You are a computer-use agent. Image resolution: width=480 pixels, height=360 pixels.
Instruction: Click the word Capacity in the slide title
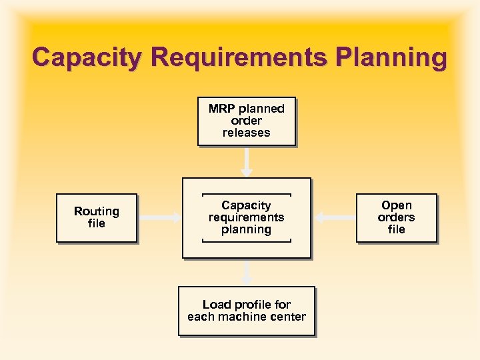pyautogui.click(x=86, y=57)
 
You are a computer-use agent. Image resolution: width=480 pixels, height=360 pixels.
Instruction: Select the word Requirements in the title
pyautogui.click(x=239, y=57)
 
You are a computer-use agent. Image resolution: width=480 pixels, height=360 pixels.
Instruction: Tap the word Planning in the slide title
pyautogui.click(x=391, y=57)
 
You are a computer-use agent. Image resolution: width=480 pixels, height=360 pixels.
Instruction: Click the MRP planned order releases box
pyautogui.click(x=246, y=121)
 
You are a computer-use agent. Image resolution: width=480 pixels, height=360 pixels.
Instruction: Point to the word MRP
pyautogui.click(x=221, y=109)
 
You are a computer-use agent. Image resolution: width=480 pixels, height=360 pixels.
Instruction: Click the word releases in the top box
pyautogui.click(x=246, y=133)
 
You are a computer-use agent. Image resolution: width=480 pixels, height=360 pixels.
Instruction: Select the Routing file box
pyautogui.click(x=97, y=217)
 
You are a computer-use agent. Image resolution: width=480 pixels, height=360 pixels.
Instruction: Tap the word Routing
pyautogui.click(x=97, y=211)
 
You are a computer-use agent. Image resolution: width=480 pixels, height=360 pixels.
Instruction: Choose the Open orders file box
pyautogui.click(x=396, y=217)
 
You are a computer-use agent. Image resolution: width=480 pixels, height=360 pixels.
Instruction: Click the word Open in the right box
pyautogui.click(x=397, y=205)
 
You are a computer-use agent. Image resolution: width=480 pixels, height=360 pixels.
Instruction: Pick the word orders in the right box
pyautogui.click(x=396, y=217)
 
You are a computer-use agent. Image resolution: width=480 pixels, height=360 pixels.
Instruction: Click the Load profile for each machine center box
pyautogui.click(x=246, y=311)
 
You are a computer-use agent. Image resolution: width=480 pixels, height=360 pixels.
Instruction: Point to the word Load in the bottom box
pyautogui.click(x=216, y=305)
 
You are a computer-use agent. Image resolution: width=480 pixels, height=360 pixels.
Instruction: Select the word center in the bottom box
pyautogui.click(x=288, y=317)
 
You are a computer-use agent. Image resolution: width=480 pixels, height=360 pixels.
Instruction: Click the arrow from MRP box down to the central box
pyautogui.click(x=247, y=161)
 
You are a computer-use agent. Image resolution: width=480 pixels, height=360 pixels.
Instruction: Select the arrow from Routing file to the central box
pyautogui.click(x=159, y=217)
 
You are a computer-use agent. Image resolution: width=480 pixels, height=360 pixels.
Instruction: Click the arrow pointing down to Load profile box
pyautogui.click(x=247, y=272)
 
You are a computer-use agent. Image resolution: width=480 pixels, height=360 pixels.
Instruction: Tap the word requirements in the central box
pyautogui.click(x=246, y=217)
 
